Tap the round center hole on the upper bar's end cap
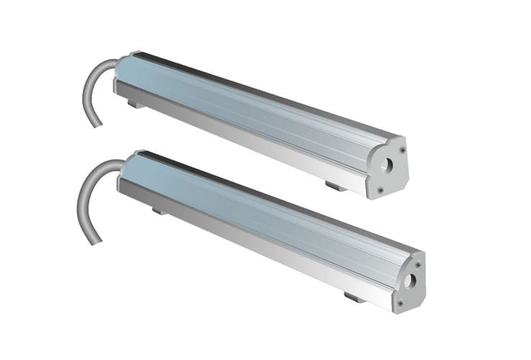[x=388, y=164]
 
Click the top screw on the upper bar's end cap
[x=401, y=150]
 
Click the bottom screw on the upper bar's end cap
[x=380, y=190]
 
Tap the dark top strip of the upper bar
[x=252, y=90]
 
